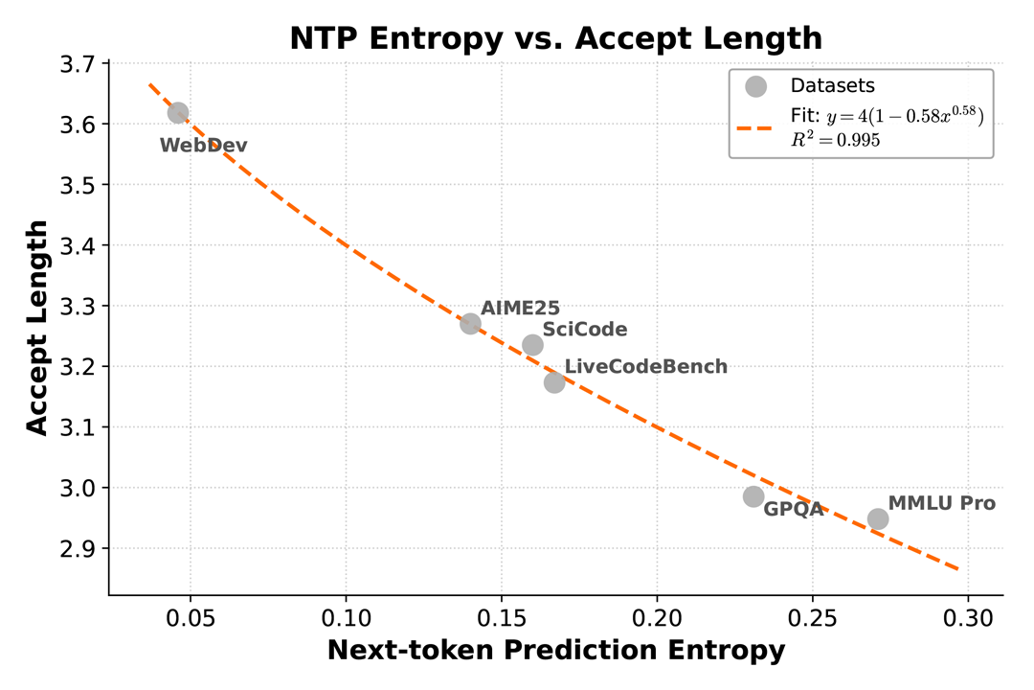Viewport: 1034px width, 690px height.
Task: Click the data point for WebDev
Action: (178, 113)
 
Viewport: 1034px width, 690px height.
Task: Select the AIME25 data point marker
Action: (470, 324)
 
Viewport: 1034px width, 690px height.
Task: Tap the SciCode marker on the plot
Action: (533, 345)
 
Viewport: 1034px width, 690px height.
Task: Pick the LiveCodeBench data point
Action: (554, 382)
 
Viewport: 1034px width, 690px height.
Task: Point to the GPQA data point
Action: (753, 496)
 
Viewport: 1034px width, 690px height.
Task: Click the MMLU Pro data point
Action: (878, 518)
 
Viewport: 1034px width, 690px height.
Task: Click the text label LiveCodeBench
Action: (646, 366)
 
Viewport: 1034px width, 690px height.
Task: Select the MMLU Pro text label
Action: (942, 503)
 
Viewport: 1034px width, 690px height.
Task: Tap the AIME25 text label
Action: (520, 308)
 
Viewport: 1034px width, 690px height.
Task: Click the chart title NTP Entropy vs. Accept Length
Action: (555, 37)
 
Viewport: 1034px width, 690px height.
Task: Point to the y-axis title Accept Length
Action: (36, 328)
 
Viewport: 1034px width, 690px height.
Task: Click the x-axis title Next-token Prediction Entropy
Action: (555, 651)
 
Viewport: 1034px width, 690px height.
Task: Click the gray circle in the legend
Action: (756, 85)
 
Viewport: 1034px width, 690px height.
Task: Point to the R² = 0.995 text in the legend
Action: (836, 140)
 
